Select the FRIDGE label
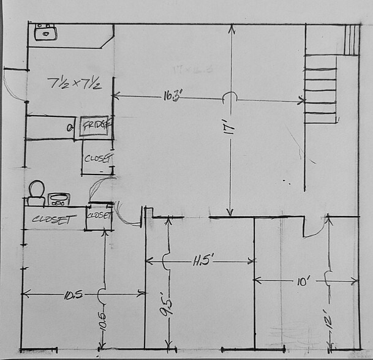click(94, 126)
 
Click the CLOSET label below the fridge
click(97, 157)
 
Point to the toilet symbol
click(36, 192)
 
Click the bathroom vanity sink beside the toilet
click(59, 199)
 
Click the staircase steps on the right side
click(321, 89)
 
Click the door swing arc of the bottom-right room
click(315, 228)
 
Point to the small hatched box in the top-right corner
click(352, 40)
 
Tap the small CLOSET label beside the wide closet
click(99, 216)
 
